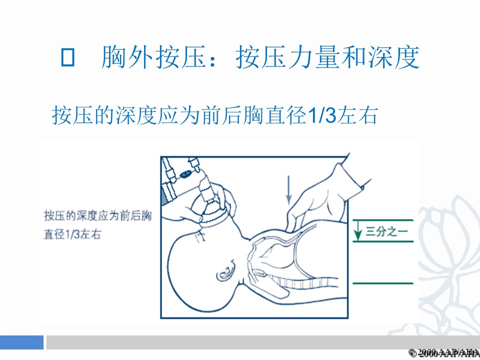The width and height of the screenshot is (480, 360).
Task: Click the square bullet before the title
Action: click(67, 57)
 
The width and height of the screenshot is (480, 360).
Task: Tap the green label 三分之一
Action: click(386, 231)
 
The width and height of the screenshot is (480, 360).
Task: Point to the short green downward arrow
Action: click(357, 230)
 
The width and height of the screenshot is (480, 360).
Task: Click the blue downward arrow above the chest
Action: click(288, 190)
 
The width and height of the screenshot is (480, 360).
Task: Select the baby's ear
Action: click(226, 270)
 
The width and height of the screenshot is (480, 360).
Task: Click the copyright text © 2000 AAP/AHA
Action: click(444, 352)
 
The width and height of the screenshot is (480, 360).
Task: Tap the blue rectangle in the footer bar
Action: click(21, 342)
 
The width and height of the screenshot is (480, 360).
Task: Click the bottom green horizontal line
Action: click(383, 283)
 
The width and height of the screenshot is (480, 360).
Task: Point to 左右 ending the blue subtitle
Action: click(356, 115)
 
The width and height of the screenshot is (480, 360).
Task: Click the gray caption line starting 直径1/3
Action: click(72, 234)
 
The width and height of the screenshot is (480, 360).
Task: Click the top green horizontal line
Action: click(383, 220)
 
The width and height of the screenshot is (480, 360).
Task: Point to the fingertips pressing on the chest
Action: click(290, 225)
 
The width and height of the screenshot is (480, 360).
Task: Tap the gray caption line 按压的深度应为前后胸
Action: click(98, 216)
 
